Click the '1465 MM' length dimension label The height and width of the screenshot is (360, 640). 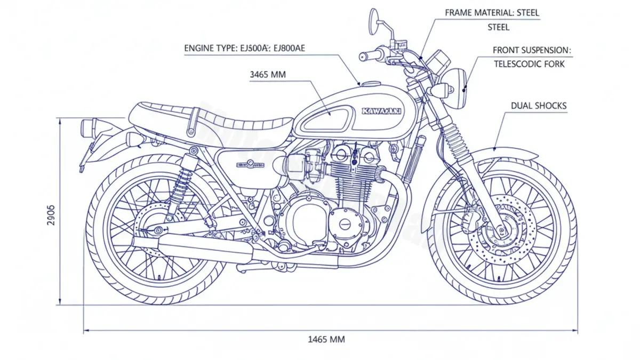pos(326,339)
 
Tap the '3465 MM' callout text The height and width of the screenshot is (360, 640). pos(268,75)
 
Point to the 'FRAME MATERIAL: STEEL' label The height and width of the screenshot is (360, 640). pos(492,12)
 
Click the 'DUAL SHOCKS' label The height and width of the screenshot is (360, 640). pos(539,106)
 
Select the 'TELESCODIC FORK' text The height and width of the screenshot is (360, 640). pos(529,64)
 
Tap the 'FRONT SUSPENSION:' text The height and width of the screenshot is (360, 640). pos(532,50)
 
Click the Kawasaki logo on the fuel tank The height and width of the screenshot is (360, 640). pos(381,111)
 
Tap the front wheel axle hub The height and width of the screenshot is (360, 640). pos(501,231)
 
